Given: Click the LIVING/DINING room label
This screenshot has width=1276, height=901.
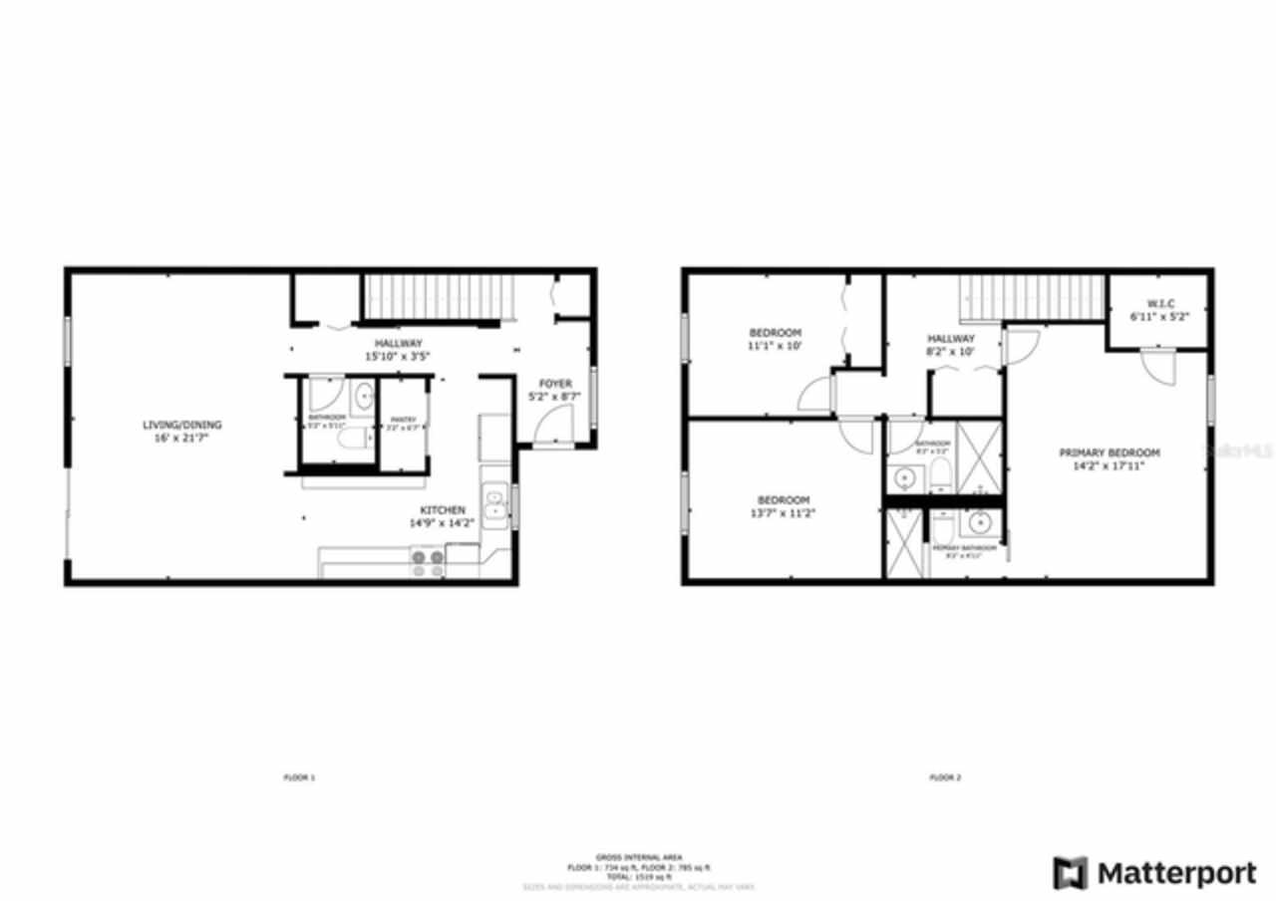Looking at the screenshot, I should click(181, 425).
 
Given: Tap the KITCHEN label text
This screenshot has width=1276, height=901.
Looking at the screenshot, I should click(443, 510).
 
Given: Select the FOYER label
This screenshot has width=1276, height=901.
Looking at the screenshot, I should click(555, 383).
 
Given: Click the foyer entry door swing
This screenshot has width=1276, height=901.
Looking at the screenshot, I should click(550, 429).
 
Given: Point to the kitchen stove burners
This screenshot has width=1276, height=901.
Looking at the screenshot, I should click(429, 564).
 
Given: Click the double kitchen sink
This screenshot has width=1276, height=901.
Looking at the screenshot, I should click(494, 504).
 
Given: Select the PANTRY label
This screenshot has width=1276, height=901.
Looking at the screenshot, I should click(403, 419).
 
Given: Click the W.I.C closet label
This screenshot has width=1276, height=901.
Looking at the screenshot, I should click(1159, 303).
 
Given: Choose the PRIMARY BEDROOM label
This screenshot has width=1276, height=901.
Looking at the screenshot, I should click(1109, 452).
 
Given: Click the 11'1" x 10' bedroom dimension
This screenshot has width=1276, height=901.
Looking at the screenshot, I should click(775, 346).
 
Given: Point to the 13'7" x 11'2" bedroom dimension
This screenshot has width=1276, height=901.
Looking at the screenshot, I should click(783, 513).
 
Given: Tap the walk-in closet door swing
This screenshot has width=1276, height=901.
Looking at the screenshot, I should click(1159, 367).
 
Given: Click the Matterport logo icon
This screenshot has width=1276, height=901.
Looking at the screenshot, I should click(1071, 873).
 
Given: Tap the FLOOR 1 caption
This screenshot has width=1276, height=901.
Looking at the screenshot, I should click(299, 777).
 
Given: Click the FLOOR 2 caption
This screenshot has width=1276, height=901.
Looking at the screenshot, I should click(945, 777).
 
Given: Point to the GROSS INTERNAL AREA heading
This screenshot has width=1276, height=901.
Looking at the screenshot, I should click(638, 857).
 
